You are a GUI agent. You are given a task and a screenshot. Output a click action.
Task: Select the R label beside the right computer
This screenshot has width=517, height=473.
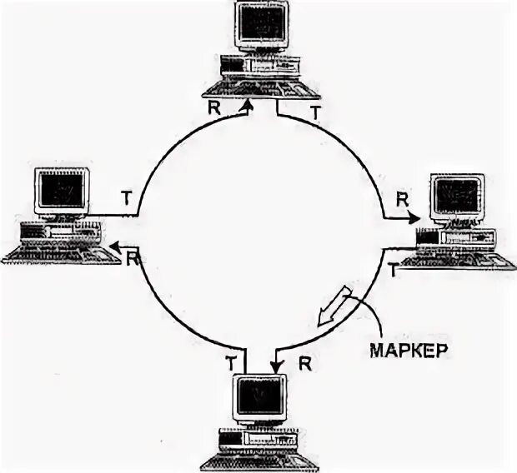tap(403, 200)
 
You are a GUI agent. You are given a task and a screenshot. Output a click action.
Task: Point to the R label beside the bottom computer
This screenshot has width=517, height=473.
tap(304, 363)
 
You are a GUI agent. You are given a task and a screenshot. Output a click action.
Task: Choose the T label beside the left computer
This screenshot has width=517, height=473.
tap(126, 197)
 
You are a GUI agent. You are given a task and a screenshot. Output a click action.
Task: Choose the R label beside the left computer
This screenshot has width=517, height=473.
tap(133, 257)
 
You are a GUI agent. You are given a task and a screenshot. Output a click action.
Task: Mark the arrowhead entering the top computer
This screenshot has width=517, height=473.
tap(246, 106)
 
